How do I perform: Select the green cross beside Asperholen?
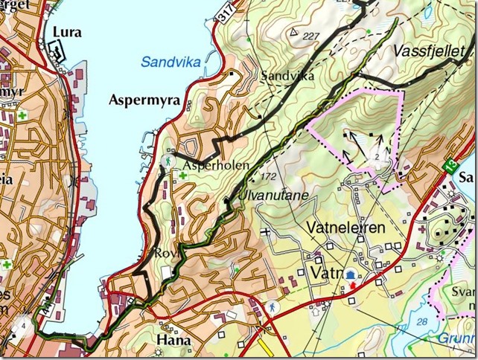point(182,176)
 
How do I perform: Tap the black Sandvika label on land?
point(283,76)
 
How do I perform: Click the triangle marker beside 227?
point(296,32)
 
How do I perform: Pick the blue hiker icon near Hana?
point(273,306)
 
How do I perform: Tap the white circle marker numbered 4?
point(25,325)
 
